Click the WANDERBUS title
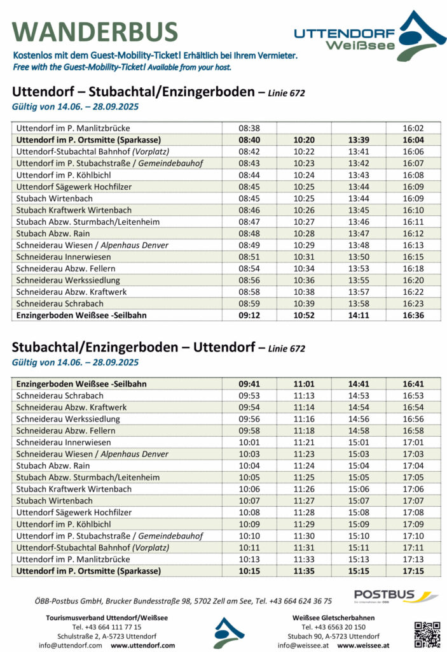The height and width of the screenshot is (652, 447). pyautogui.click(x=95, y=32)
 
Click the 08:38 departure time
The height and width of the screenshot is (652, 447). pyautogui.click(x=249, y=128)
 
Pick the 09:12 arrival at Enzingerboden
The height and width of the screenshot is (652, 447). pyautogui.click(x=249, y=315)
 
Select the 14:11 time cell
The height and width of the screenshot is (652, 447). pyautogui.click(x=359, y=315)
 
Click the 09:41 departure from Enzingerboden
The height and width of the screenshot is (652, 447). pyautogui.click(x=249, y=384)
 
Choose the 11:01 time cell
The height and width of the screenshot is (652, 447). pyautogui.click(x=304, y=384)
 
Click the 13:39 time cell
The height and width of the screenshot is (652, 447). pyautogui.click(x=359, y=139)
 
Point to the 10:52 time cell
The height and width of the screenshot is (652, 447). pyautogui.click(x=304, y=315)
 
